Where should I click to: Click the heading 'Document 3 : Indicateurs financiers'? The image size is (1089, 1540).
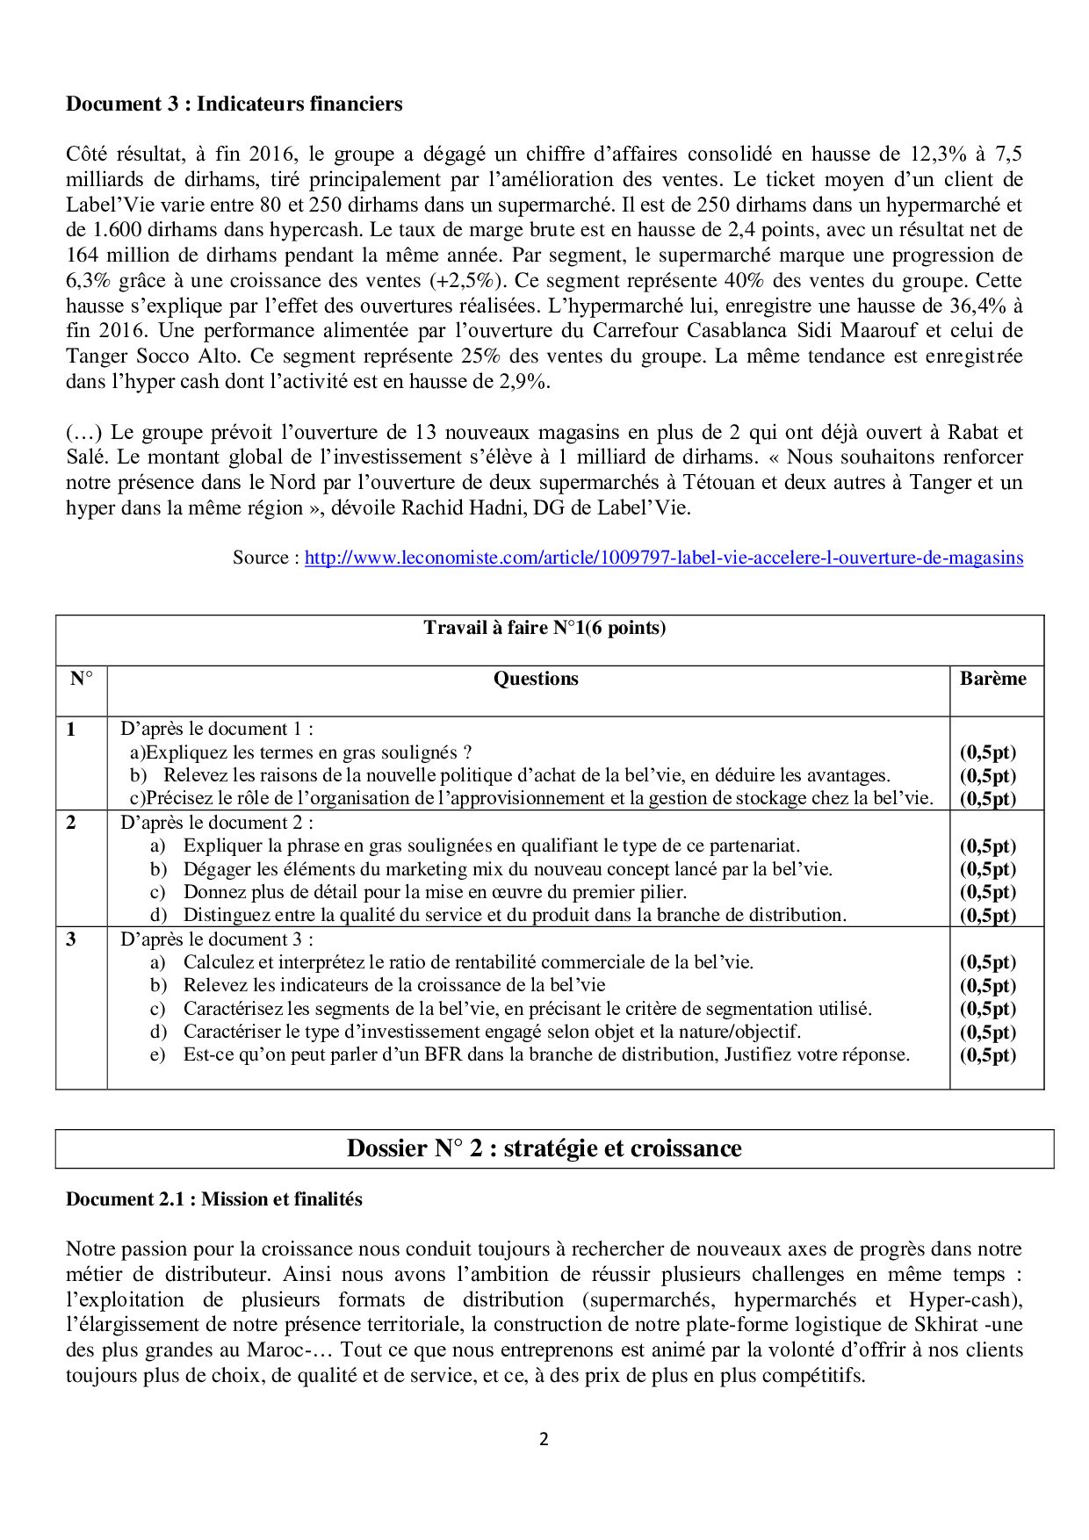[x=234, y=104]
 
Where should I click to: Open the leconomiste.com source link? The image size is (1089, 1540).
[x=663, y=558]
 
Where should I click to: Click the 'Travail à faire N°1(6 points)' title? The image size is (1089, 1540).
[x=544, y=628]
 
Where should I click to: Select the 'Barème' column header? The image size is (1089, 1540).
[x=992, y=679]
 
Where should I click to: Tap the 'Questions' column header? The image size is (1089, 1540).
[x=536, y=679]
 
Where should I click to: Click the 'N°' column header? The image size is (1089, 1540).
[x=81, y=679]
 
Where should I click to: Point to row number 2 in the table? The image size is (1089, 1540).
[x=71, y=823]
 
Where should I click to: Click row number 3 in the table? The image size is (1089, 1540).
[x=71, y=939]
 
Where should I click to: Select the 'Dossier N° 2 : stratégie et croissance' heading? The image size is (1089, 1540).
[x=544, y=1148]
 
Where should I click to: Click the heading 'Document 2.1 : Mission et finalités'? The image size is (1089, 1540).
[x=213, y=1199]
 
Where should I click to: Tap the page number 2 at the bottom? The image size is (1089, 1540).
[x=544, y=1439]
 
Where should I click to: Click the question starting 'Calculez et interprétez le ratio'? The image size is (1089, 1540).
[x=468, y=962]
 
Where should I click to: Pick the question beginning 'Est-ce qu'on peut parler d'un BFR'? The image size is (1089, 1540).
[x=546, y=1054]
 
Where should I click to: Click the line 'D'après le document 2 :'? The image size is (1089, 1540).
[x=217, y=823]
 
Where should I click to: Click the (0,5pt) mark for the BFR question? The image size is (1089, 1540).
[x=987, y=1055]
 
